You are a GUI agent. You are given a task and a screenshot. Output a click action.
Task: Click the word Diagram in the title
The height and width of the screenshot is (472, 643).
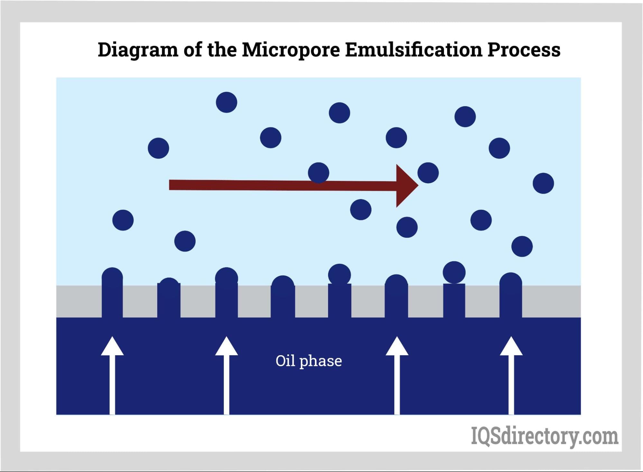(x=138, y=50)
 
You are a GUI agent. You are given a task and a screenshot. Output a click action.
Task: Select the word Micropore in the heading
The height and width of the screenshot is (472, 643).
(x=290, y=50)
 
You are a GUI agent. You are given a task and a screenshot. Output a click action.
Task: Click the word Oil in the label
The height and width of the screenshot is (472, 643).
(x=285, y=361)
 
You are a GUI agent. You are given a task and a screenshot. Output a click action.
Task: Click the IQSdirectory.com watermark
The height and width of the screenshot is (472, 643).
(x=544, y=436)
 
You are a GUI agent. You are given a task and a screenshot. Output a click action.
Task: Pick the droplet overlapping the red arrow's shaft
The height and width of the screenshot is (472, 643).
(x=318, y=173)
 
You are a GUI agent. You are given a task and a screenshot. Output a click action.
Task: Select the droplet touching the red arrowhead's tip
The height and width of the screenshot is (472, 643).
(x=428, y=173)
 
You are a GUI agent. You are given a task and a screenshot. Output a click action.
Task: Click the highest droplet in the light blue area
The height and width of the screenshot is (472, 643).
(x=226, y=102)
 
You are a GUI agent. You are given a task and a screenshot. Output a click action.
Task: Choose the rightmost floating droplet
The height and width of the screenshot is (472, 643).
(x=543, y=183)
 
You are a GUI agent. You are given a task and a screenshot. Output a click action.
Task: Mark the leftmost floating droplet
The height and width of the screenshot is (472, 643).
(x=123, y=220)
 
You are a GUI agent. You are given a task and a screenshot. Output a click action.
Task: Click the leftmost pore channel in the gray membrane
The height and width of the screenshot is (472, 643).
(x=112, y=301)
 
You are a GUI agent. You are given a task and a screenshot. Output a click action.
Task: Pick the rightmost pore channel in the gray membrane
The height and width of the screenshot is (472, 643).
(x=510, y=301)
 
